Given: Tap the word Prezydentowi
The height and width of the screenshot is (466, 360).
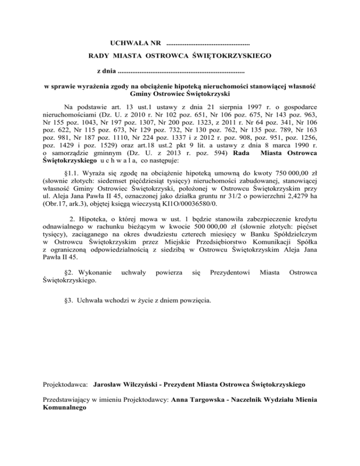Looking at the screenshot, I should [229, 272].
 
